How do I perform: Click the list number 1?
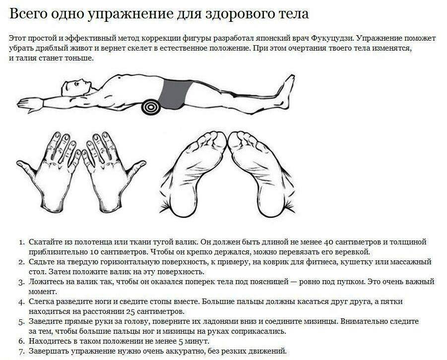pyautogui.click(x=21, y=242)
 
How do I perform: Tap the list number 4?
pyautogui.click(x=21, y=302)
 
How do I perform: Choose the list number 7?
pyautogui.click(x=21, y=352)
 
